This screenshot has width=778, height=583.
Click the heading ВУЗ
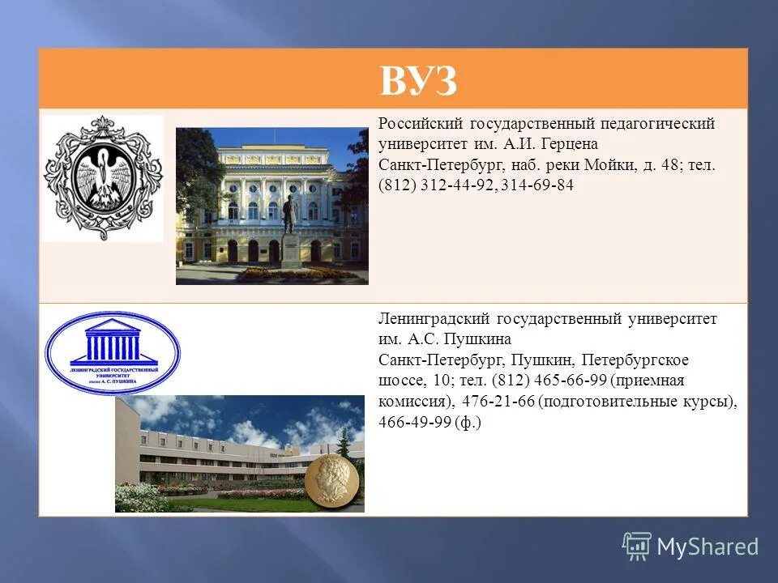pyautogui.click(x=418, y=81)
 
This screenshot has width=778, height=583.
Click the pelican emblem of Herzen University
pyautogui.click(x=103, y=178)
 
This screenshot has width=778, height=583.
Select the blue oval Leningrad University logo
pyautogui.click(x=113, y=353)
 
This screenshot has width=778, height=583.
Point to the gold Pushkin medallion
pyautogui.click(x=332, y=479)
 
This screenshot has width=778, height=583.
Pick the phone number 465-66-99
pyautogui.click(x=569, y=381)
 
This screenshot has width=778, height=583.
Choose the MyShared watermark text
pyautogui.click(x=707, y=547)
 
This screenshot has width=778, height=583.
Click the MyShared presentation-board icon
pyautogui.click(x=637, y=546)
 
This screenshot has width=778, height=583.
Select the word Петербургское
pyautogui.click(x=640, y=360)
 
